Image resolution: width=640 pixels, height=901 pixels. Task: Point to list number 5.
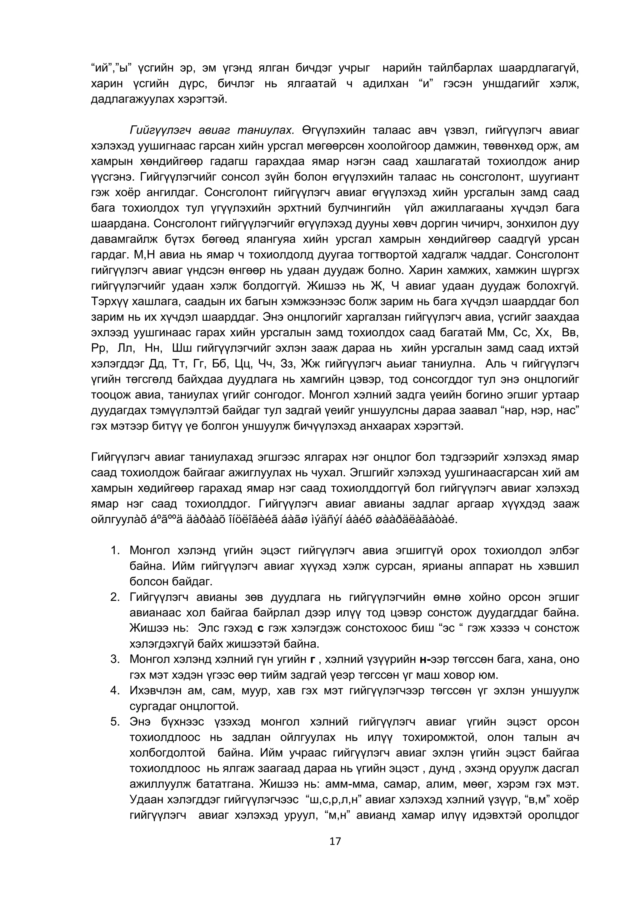[x=115, y=722]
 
